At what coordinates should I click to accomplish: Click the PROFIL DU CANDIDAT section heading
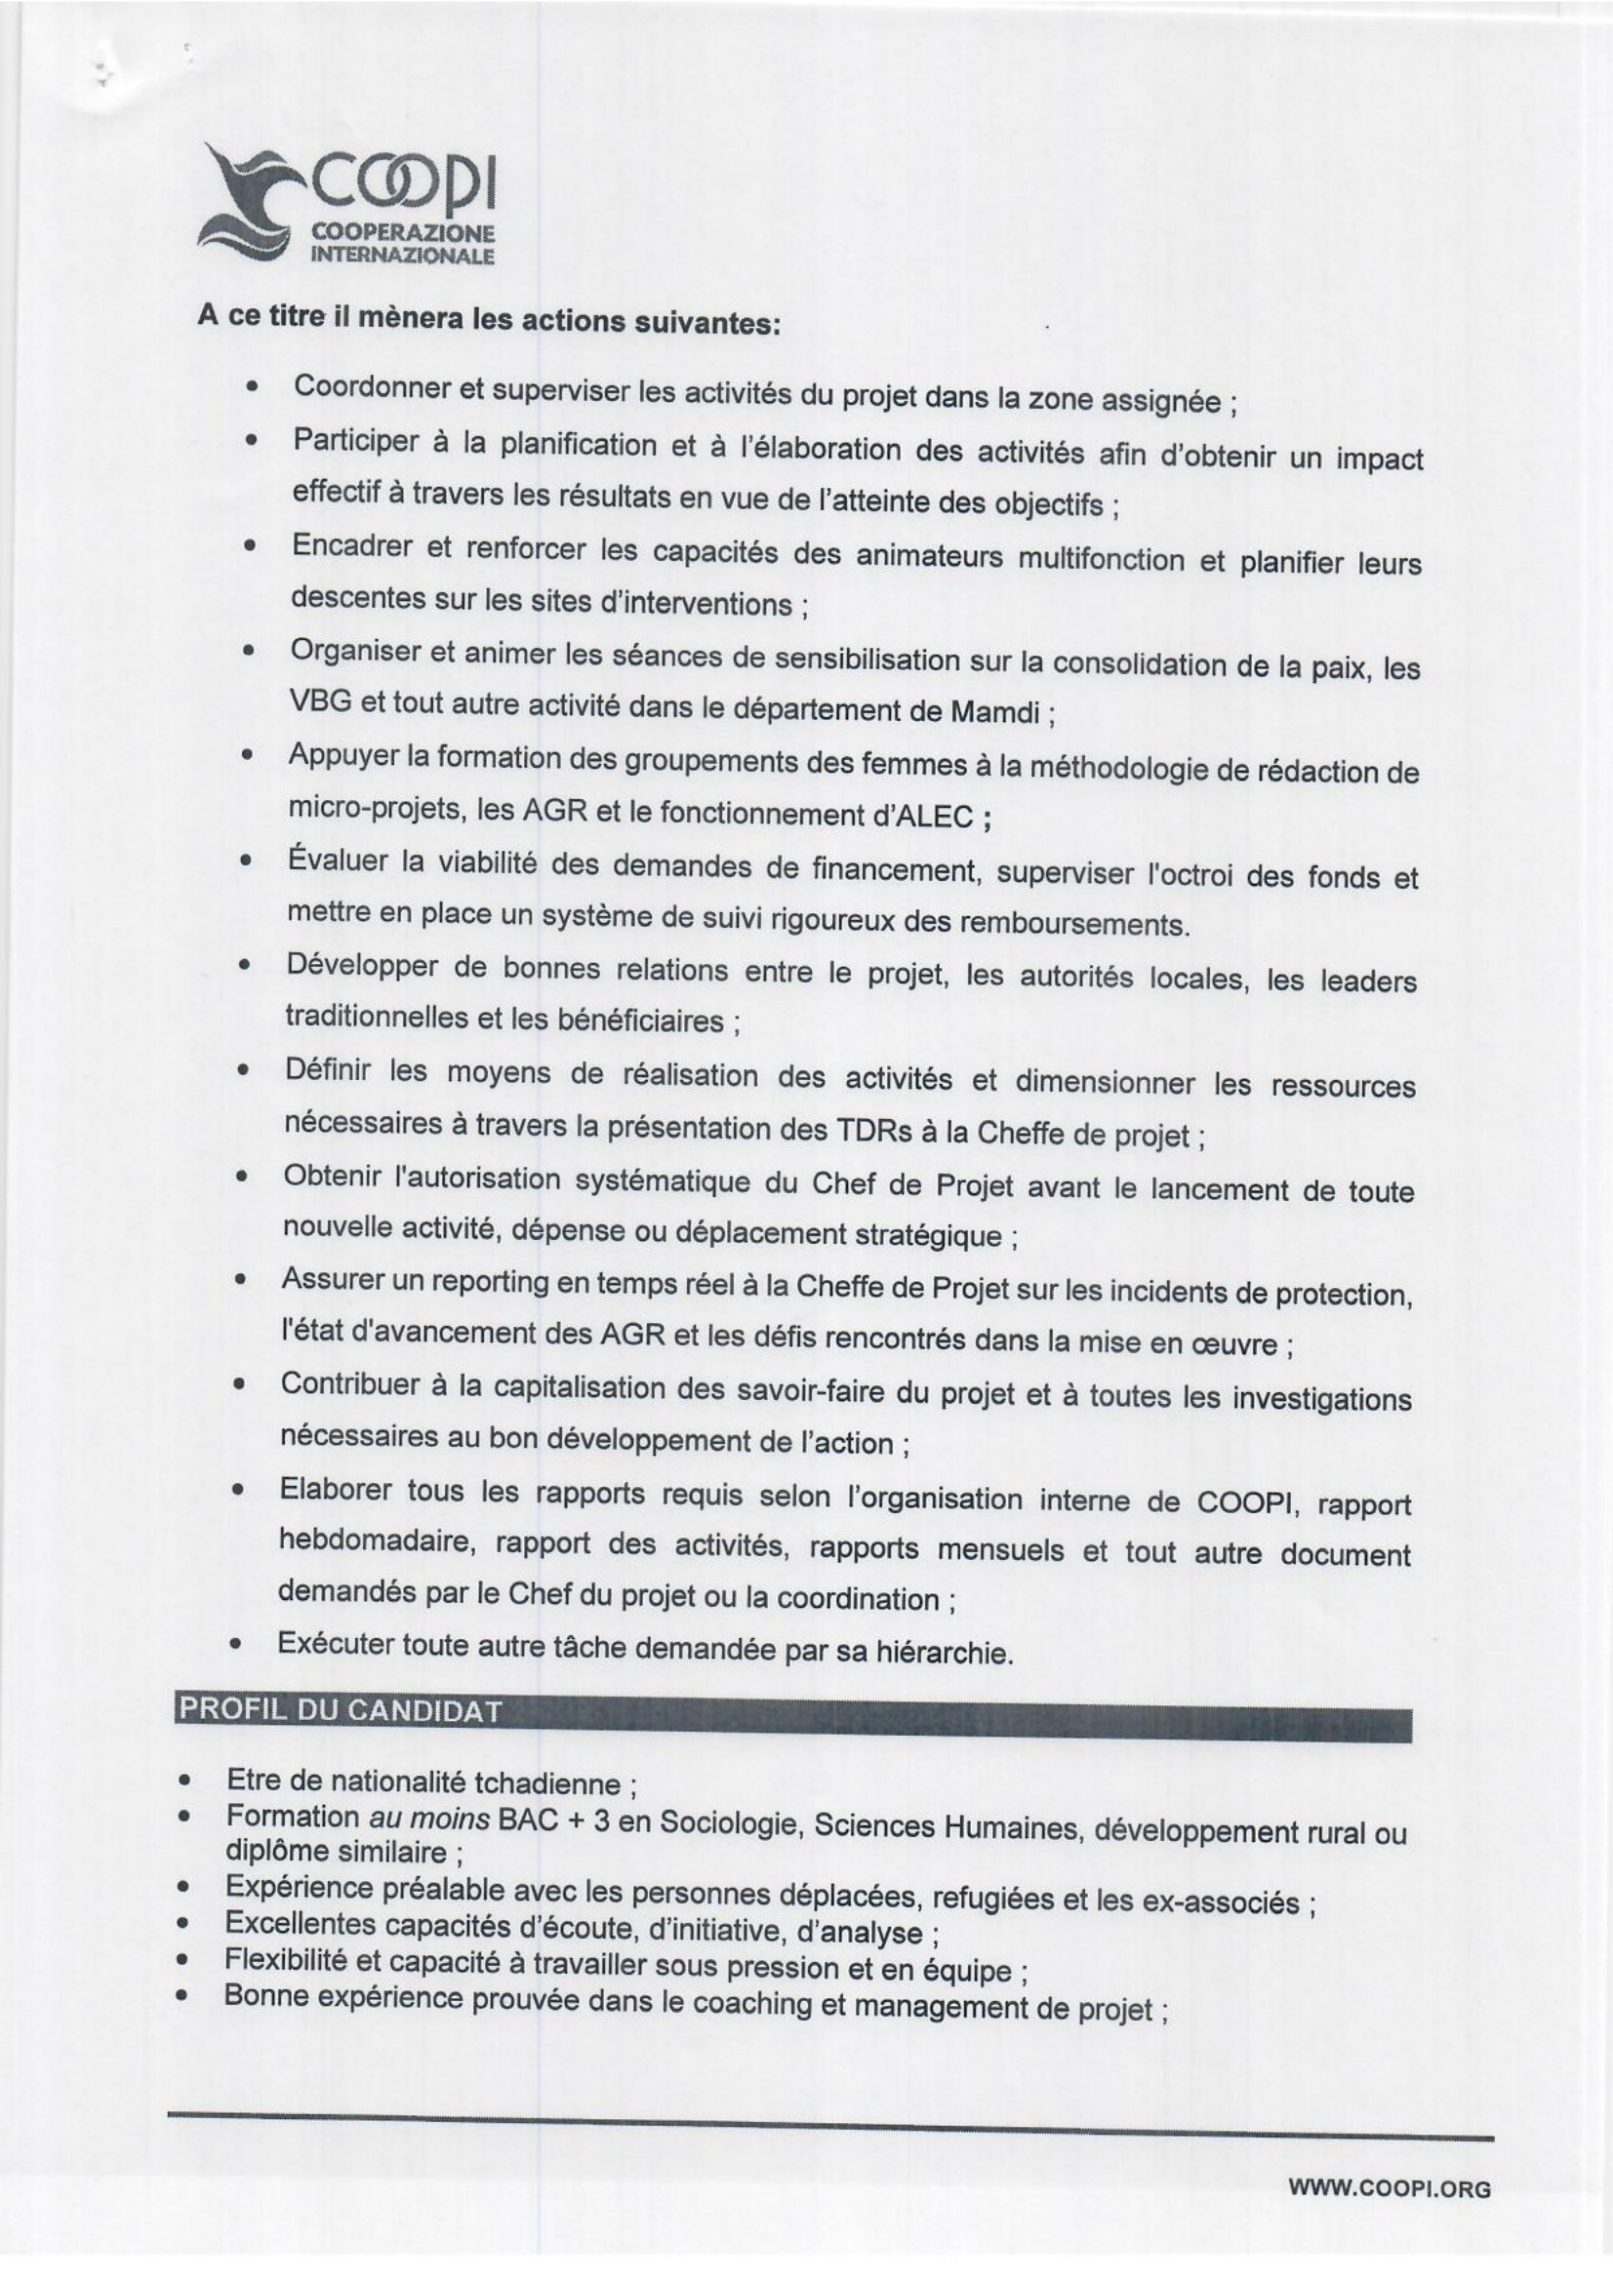coord(339,1711)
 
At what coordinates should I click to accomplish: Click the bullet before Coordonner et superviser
coord(255,385)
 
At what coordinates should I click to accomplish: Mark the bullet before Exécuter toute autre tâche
coord(236,1645)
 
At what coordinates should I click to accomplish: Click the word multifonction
coord(1100,560)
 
